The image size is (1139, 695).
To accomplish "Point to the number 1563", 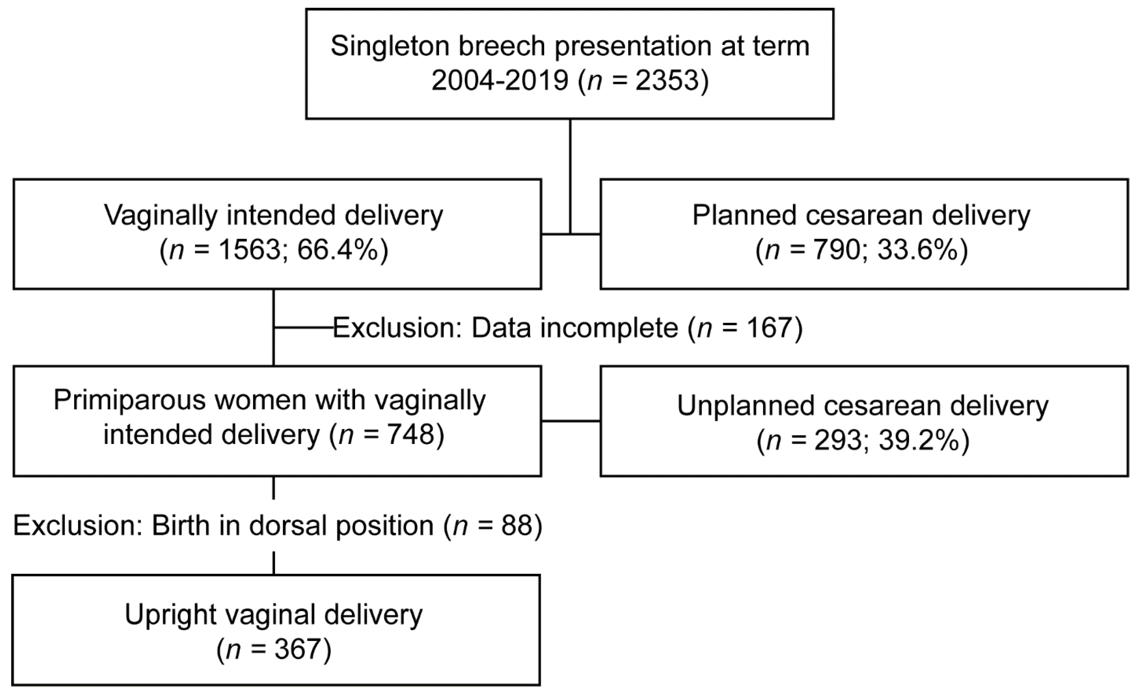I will pyautogui.click(x=249, y=251).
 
